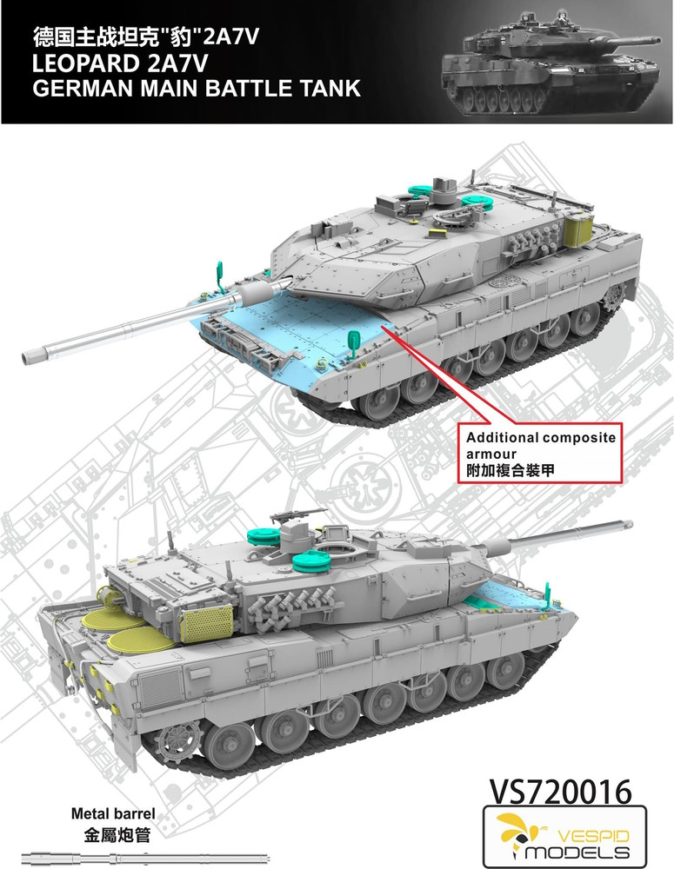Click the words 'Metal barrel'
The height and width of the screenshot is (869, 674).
pos(113,813)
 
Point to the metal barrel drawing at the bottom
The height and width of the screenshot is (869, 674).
pos(145,856)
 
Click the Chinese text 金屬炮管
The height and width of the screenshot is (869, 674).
pos(117,834)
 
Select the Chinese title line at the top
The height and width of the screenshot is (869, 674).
pos(145,36)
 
